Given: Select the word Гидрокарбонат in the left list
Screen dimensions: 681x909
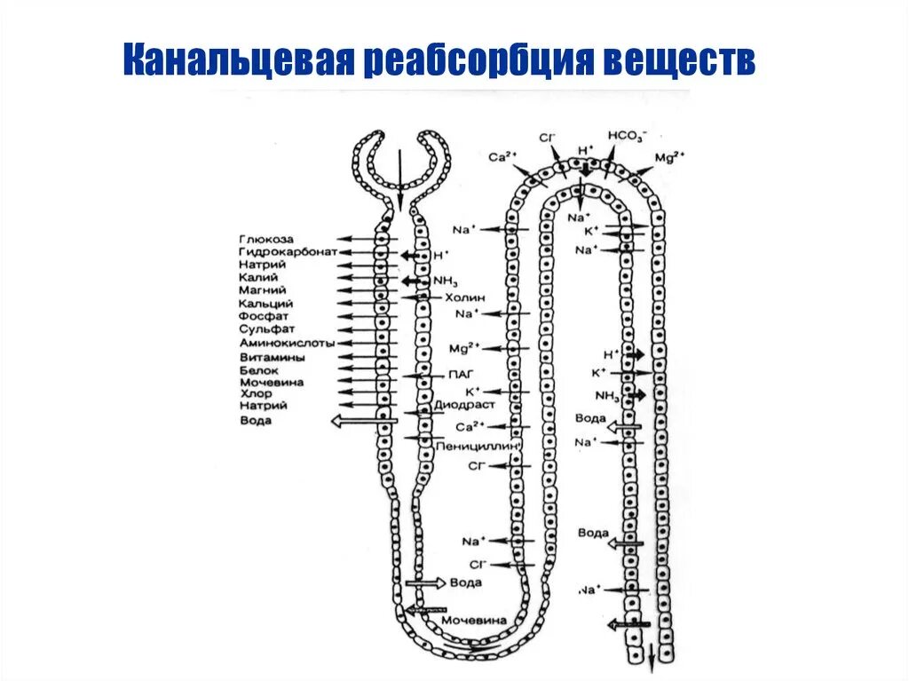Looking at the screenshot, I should [287, 252].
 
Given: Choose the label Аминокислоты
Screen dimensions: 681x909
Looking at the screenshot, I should [286, 343].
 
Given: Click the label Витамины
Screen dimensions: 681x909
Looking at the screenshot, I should [272, 357].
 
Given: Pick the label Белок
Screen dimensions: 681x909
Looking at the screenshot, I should [258, 370].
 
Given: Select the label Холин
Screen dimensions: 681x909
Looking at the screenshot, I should [465, 297].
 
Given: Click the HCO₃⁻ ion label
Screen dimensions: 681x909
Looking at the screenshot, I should [628, 136].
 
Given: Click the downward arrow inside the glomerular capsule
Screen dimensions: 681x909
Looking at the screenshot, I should [399, 178].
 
